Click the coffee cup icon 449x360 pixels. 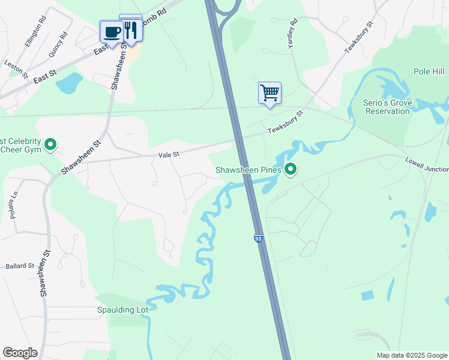[111, 31]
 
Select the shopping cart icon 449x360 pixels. [270, 93]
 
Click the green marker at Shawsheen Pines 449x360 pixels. [291, 170]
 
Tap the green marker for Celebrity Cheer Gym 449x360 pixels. [51, 145]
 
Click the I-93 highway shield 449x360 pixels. [258, 239]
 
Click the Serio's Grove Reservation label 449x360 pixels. [388, 107]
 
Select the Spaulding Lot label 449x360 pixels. [122, 310]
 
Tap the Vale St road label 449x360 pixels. [169, 155]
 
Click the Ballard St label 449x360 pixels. [20, 266]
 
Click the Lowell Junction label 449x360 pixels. [427, 165]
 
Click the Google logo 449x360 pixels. [20, 353]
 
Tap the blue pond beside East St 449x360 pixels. [69, 83]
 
